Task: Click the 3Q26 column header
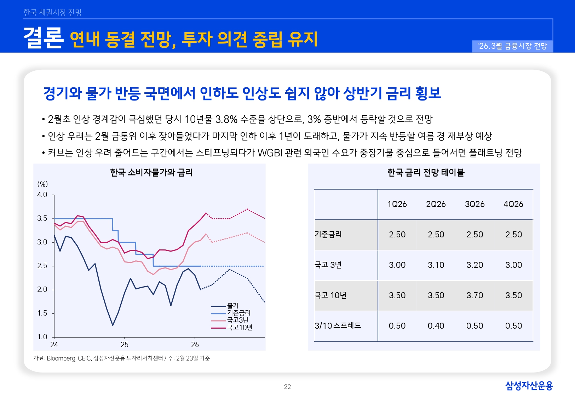coord(475,204)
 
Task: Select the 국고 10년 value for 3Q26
coord(475,295)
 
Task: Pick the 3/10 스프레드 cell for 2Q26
coord(436,326)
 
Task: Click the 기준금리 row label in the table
coord(328,235)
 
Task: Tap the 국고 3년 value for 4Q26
coord(513,265)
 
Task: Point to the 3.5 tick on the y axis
coord(42,218)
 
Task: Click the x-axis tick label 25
coord(125,345)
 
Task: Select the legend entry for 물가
coord(233,306)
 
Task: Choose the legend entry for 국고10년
coord(240,328)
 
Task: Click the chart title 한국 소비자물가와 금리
coord(151,173)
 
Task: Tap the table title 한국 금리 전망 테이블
coord(426,173)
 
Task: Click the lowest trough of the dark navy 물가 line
coord(113,325)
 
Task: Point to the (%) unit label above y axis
coord(42,184)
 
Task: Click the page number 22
coord(287,387)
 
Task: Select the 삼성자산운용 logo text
coord(529,386)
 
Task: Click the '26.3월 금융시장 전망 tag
coord(512,46)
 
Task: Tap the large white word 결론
coord(43,38)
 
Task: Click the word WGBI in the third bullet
coord(270,153)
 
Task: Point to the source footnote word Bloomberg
coord(61,358)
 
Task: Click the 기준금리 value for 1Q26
coord(397,235)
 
